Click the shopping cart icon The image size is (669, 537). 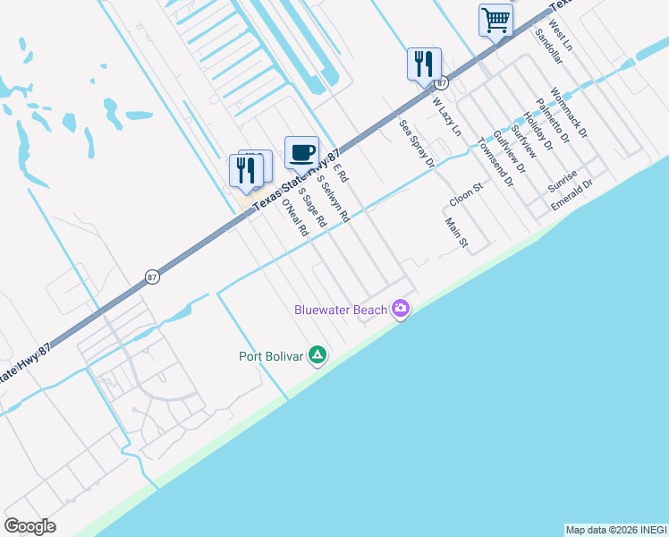(495, 19)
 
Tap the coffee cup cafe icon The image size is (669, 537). (301, 150)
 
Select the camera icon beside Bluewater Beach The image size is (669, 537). (401, 309)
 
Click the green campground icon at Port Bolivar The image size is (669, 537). (317, 355)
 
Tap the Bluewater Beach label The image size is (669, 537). (342, 310)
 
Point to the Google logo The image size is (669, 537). (30, 526)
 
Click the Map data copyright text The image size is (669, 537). (615, 530)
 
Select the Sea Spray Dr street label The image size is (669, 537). (417, 144)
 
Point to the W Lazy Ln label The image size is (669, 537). (446, 116)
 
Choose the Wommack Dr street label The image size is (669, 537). (570, 112)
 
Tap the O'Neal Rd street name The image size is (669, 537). (295, 217)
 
